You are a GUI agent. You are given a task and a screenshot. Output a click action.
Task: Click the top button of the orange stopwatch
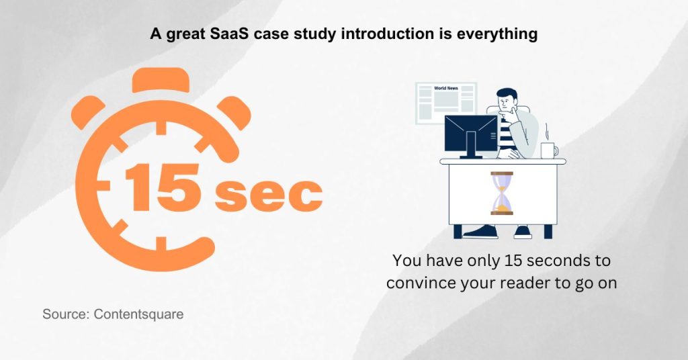[x=157, y=81]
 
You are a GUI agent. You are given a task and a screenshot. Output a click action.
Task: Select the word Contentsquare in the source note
[x=138, y=314]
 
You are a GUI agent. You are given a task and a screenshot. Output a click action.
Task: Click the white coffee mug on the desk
[x=548, y=150]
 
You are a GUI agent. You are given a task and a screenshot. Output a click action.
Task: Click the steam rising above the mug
[x=546, y=130]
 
